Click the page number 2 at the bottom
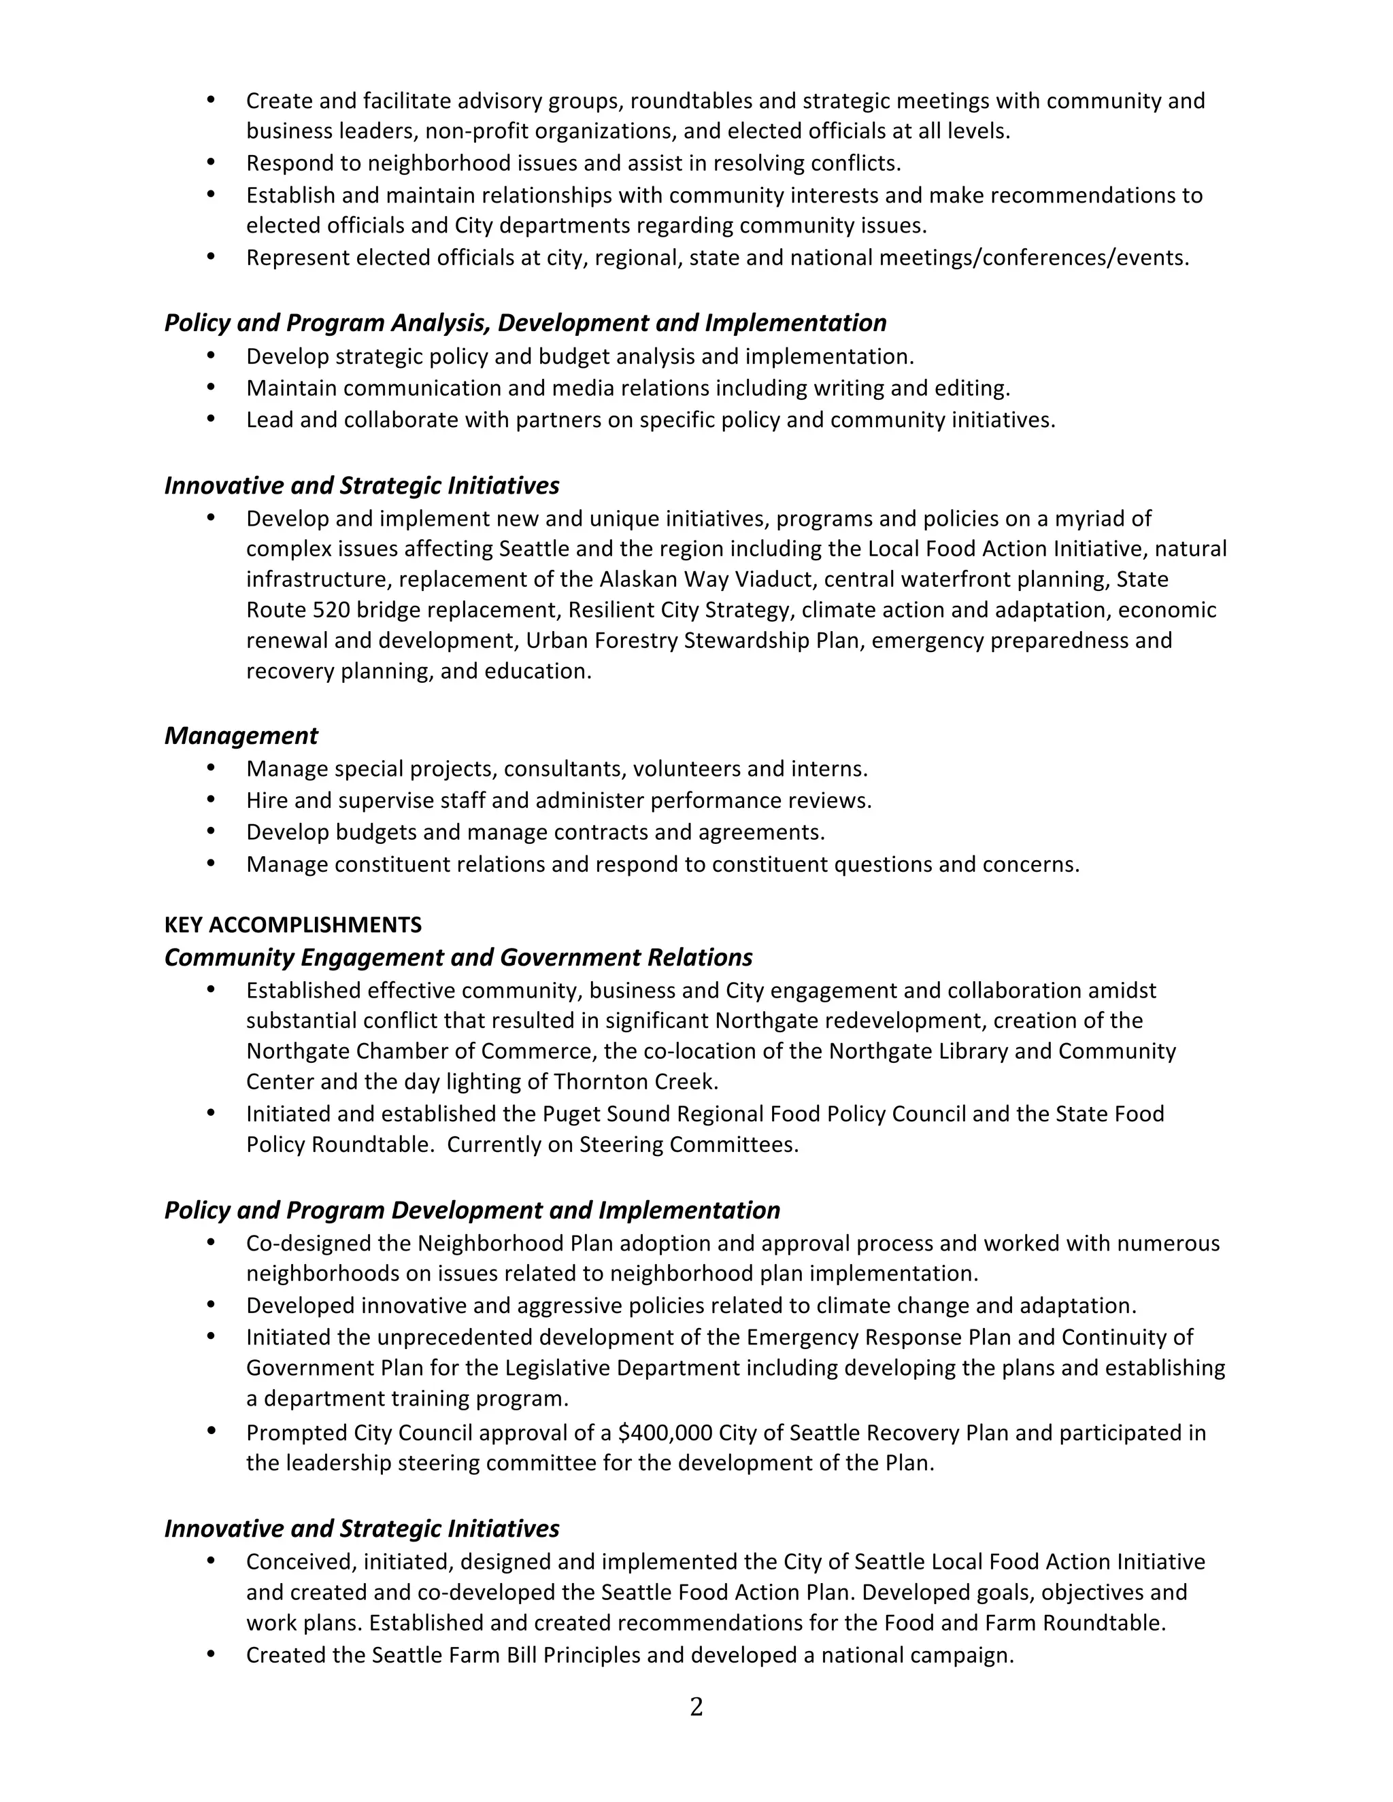coord(696,1707)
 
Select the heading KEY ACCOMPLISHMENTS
coord(293,925)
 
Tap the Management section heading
coord(241,735)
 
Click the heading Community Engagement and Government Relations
coord(458,957)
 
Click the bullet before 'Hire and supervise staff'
coord(210,800)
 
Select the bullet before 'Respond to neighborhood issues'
coord(210,163)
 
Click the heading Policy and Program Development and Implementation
coord(472,1210)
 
